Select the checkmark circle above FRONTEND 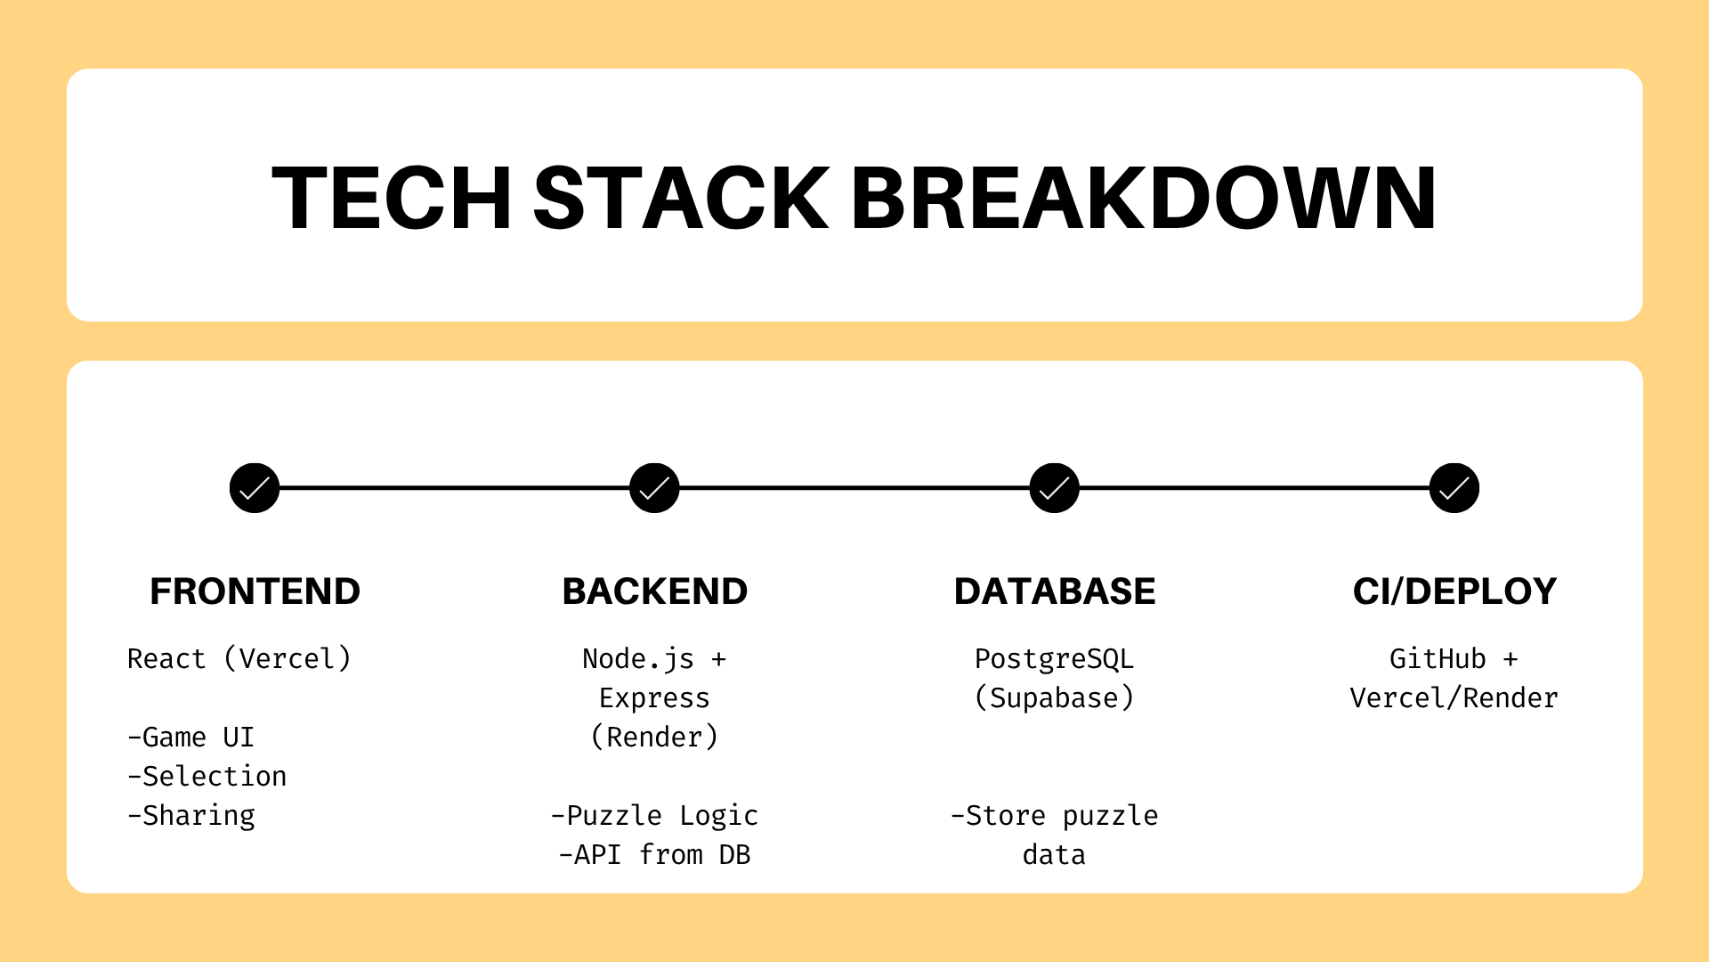pos(255,488)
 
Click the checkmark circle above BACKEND pos(654,488)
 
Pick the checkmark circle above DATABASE pos(1055,488)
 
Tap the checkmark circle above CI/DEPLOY pos(1454,488)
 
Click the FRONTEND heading pos(255,591)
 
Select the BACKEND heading pos(655,591)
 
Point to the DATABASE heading pos(1055,591)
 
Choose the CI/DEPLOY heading pos(1454,591)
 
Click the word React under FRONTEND pos(166,659)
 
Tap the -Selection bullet pos(207,777)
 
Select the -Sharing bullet pos(191,816)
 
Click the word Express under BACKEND pos(654,699)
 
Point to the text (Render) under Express pos(654,738)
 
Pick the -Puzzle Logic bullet pos(654,816)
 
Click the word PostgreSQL pos(1054,660)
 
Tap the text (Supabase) pos(1055,698)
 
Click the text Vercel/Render pos(1454,698)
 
